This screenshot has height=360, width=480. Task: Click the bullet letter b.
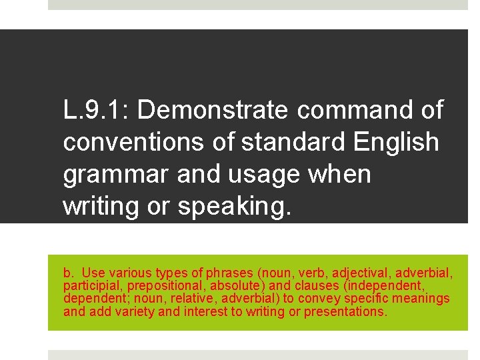point(68,273)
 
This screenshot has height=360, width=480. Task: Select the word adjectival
point(360,273)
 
